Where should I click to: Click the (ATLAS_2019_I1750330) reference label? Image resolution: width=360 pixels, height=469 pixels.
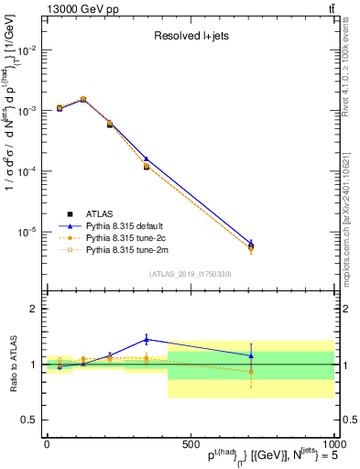coord(190,274)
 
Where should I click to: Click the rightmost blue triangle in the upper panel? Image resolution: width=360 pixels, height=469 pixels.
coord(251,243)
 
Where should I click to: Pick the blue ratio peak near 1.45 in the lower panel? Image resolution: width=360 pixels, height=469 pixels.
coord(146,339)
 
